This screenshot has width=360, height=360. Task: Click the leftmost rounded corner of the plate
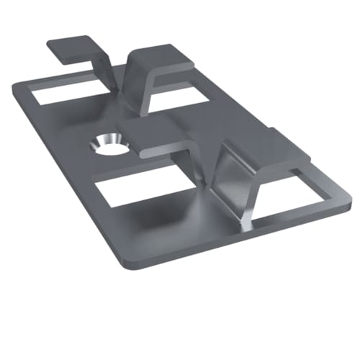16,86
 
